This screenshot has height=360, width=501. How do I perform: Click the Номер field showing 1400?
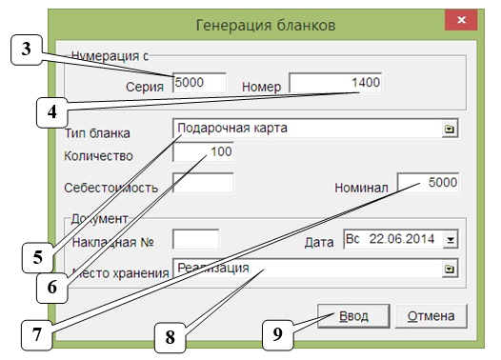[336, 84]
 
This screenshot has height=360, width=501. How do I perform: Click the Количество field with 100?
[204, 152]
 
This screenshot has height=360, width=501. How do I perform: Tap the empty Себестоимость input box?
[203, 183]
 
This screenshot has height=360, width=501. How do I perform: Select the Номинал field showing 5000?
[429, 182]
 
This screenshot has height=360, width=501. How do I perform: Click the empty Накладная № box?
[196, 239]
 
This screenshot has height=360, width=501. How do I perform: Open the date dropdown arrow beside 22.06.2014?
[451, 240]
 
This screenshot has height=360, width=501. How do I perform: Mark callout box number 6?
[54, 285]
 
